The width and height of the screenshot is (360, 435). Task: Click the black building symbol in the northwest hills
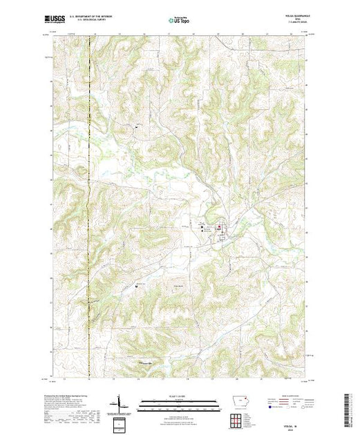(136, 127)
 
